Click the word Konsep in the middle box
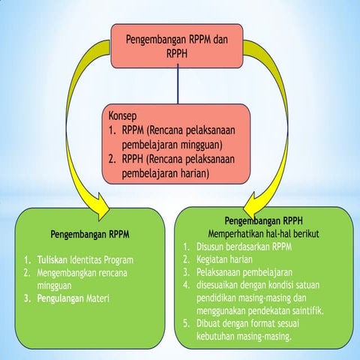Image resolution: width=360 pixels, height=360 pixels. (x=124, y=117)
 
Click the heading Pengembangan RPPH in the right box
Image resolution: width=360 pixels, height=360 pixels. (x=262, y=222)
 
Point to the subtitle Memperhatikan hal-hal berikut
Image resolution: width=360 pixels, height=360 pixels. (x=263, y=234)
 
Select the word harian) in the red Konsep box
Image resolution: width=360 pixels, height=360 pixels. (x=189, y=172)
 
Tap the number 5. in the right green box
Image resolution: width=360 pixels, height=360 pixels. (x=187, y=324)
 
